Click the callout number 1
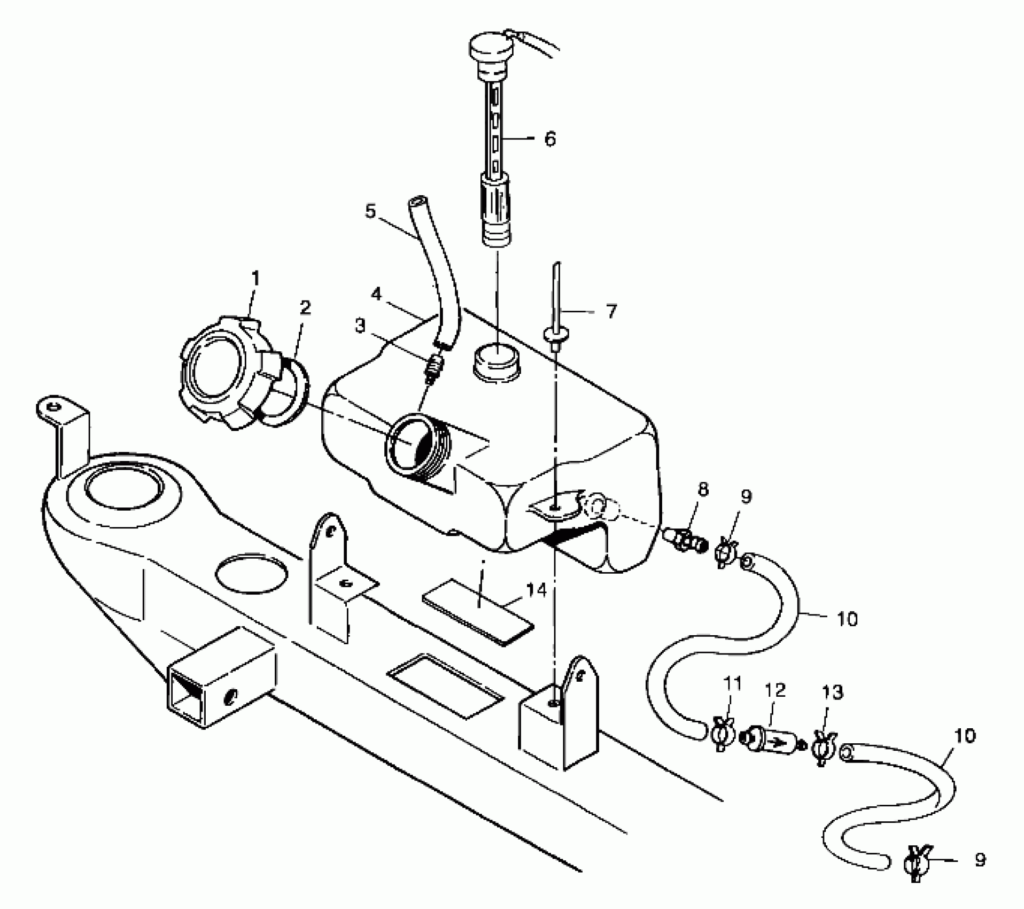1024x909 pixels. [x=255, y=278]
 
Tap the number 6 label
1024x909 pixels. [x=549, y=139]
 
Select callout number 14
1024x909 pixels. [x=536, y=590]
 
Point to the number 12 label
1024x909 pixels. [x=775, y=690]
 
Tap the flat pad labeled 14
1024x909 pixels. [x=478, y=610]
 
